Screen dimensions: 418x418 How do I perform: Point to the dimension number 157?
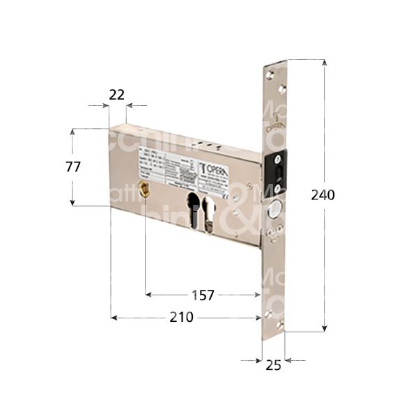[x=203, y=295]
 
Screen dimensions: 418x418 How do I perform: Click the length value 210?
[x=182, y=318]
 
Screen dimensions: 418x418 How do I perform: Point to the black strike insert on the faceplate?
[x=278, y=173]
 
